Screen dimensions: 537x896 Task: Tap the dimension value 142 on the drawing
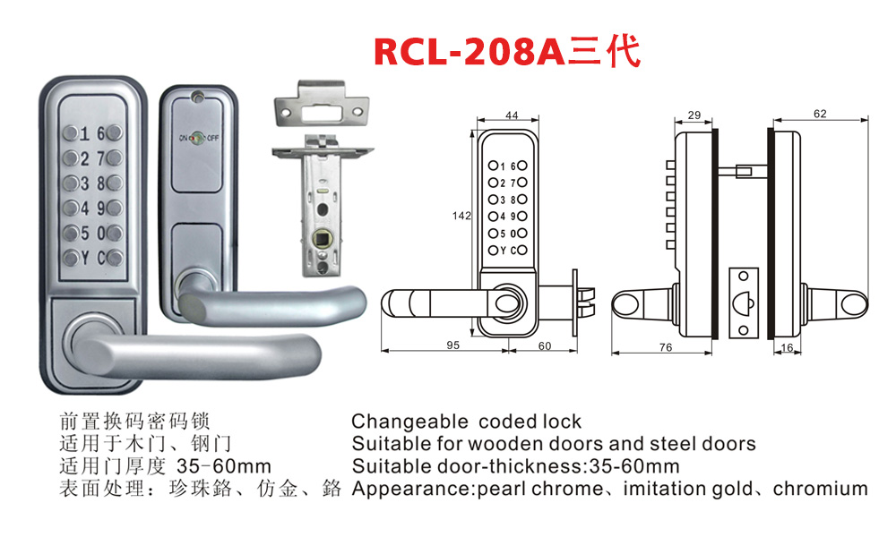[x=461, y=216]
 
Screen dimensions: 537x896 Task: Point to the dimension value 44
[x=512, y=115]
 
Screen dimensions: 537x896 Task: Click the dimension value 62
[x=820, y=113]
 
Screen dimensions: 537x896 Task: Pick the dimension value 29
[x=694, y=115]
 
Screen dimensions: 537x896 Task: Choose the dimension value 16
[x=786, y=347]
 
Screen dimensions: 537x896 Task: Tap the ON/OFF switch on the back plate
[x=197, y=138]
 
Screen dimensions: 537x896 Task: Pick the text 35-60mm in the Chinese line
[x=224, y=466]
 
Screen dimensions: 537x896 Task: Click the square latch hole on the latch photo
[x=321, y=240]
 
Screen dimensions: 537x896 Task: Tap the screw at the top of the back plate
[x=199, y=100]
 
